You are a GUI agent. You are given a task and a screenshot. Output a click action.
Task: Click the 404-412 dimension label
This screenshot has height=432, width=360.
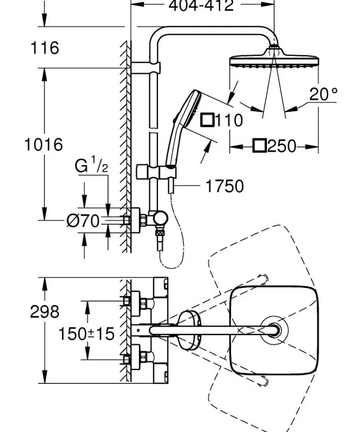click(x=201, y=6)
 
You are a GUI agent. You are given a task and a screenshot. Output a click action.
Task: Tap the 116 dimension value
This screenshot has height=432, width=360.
click(x=45, y=48)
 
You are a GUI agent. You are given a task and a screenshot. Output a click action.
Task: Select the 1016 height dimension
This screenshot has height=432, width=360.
click(x=43, y=144)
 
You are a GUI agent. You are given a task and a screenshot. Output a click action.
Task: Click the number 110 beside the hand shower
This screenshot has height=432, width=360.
click(x=228, y=120)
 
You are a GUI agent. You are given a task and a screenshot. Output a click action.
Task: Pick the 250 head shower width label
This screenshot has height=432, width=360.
click(x=282, y=146)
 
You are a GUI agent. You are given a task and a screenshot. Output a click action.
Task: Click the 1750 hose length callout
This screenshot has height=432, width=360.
click(x=225, y=186)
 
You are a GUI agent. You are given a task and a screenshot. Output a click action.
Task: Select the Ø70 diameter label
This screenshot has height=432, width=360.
click(x=83, y=221)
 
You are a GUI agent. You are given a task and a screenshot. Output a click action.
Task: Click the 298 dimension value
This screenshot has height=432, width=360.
click(x=45, y=312)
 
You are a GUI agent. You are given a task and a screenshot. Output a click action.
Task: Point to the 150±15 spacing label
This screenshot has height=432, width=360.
click(x=86, y=334)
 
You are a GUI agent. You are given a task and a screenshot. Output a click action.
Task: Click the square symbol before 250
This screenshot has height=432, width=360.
click(x=259, y=146)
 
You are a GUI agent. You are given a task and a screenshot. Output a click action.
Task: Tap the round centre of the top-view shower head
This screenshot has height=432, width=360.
click(x=274, y=329)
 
